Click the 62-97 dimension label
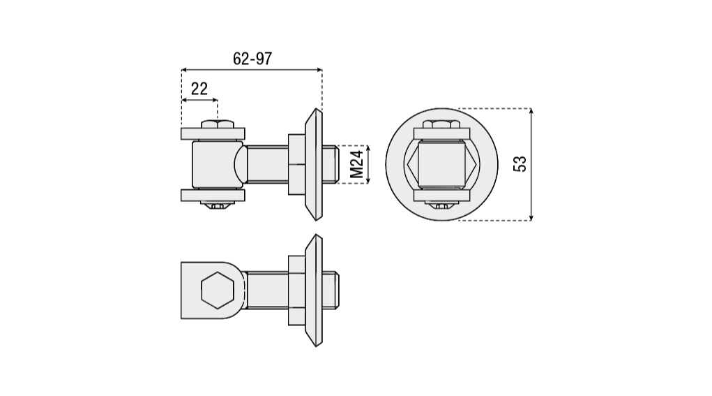click(x=252, y=59)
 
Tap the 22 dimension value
click(x=199, y=89)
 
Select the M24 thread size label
click(x=357, y=164)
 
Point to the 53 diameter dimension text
click(x=520, y=163)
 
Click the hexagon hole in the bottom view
click(x=218, y=290)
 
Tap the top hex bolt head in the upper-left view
click(x=218, y=124)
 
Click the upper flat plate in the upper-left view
click(x=213, y=133)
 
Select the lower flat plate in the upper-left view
click(x=213, y=195)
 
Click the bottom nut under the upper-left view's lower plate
click(x=218, y=205)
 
